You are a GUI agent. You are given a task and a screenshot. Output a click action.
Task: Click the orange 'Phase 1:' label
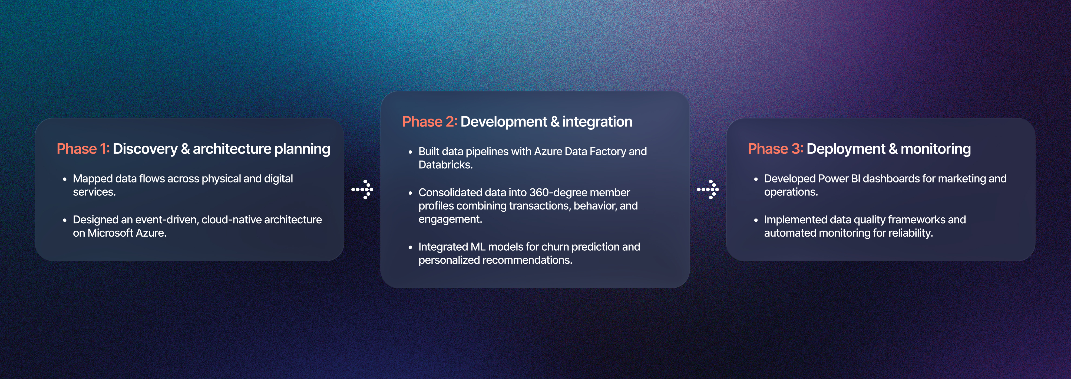tap(83, 149)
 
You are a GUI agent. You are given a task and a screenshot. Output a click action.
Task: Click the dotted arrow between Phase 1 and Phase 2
tap(362, 190)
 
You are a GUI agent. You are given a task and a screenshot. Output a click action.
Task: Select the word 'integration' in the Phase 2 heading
tap(597, 122)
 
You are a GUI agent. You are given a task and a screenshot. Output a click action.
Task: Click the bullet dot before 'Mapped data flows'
tap(64, 179)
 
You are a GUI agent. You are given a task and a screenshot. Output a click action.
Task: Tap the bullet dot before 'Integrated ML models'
tap(410, 247)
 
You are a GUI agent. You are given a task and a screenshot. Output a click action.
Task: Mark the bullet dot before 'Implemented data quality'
tap(756, 220)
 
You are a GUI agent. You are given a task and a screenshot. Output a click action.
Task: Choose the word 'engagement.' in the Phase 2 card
tap(450, 220)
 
